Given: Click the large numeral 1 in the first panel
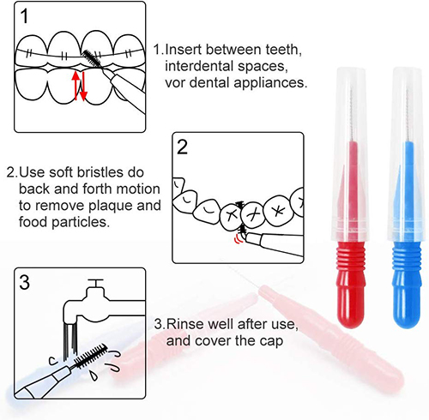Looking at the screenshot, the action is coord(25,16).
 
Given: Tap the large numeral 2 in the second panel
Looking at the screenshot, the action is coord(182,147).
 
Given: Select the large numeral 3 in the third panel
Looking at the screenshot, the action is coord(25,282).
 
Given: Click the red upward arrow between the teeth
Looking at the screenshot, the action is coord(76,85).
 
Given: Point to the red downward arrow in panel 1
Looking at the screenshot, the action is coord(83,86).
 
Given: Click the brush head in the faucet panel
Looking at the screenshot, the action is coord(90,356).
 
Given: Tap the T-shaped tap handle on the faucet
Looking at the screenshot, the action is coord(95,283).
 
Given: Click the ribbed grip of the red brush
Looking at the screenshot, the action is coord(351,260).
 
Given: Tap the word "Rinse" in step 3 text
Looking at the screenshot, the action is coord(185,324).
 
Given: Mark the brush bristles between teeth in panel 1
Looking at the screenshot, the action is coord(92,57).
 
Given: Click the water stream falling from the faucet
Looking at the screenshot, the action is coord(70,341).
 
